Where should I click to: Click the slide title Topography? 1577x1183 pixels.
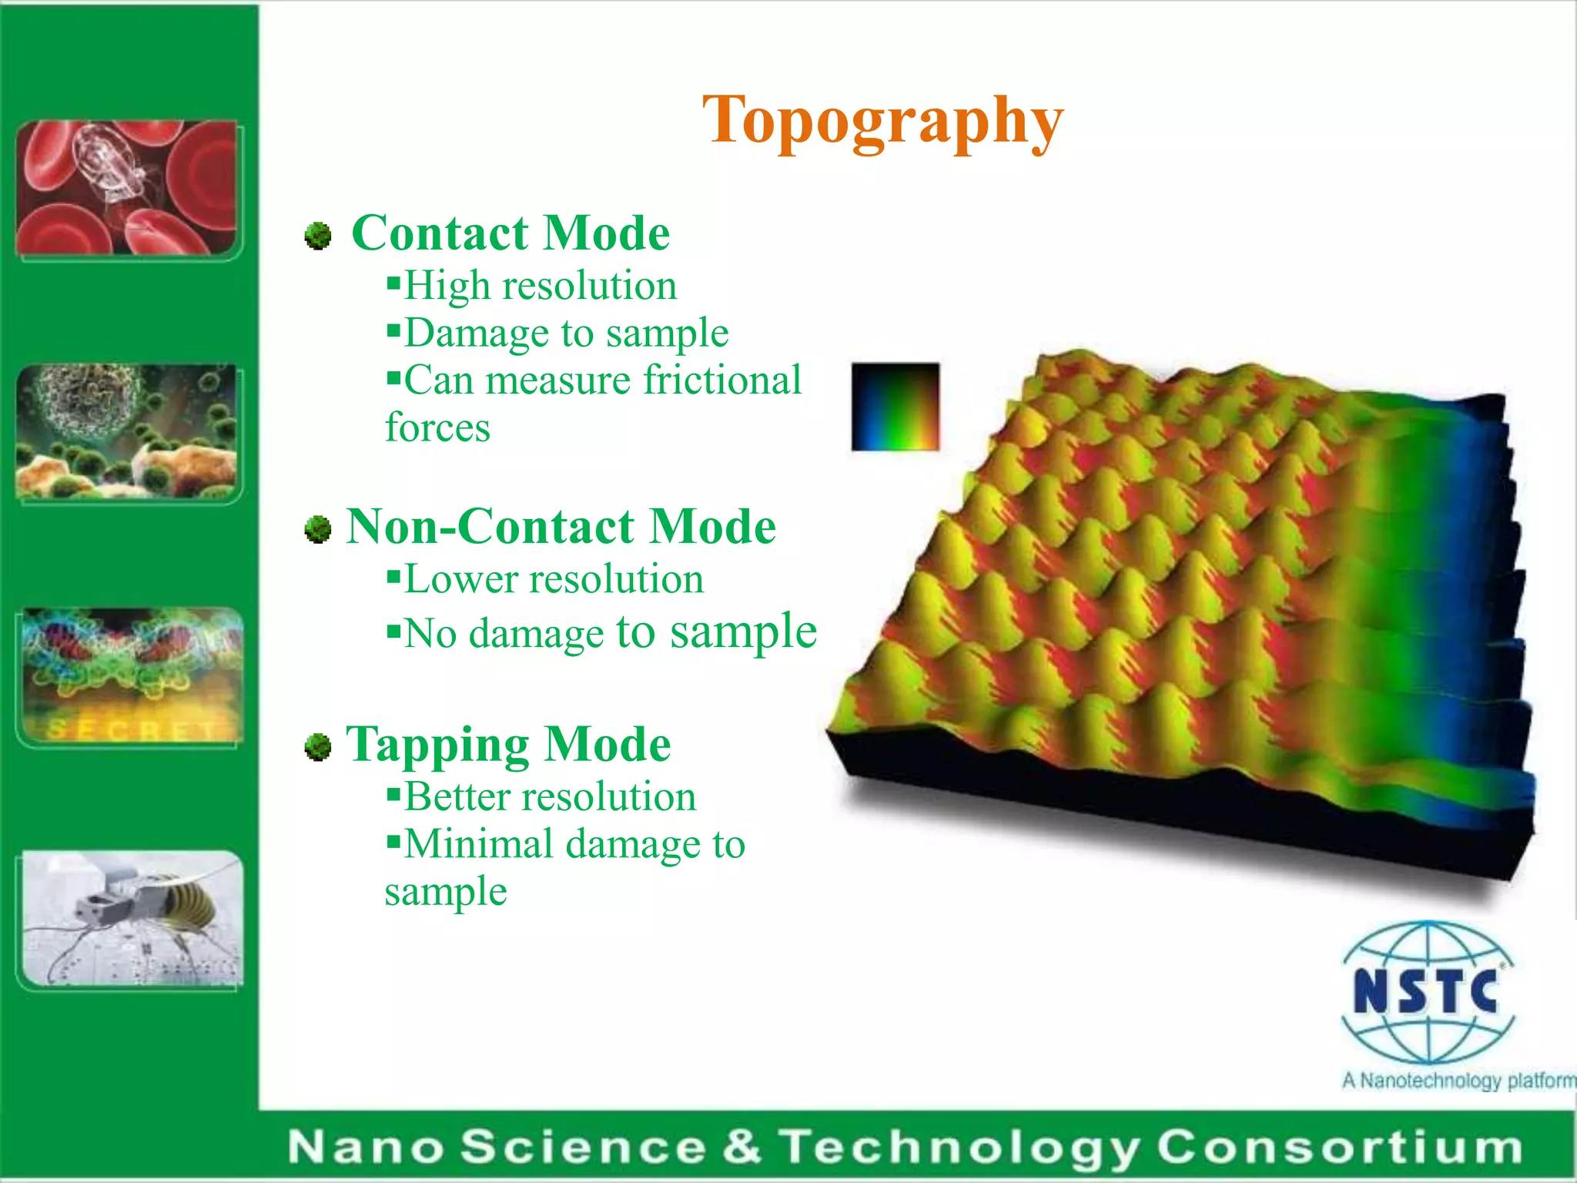[882, 121]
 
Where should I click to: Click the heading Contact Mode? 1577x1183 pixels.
[511, 233]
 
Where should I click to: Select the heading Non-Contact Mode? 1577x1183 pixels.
[561, 527]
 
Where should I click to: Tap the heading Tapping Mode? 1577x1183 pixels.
[508, 745]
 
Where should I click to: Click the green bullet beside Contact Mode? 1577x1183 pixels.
[317, 236]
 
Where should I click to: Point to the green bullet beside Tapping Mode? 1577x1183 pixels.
[317, 746]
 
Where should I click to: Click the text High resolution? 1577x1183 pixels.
[539, 286]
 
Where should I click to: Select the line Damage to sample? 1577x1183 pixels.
[565, 333]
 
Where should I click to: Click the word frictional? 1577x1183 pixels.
[722, 380]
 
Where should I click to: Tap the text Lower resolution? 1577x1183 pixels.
[553, 579]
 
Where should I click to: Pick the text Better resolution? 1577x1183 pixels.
[549, 796]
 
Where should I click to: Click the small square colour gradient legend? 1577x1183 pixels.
[895, 406]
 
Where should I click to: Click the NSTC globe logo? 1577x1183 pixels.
[1427, 992]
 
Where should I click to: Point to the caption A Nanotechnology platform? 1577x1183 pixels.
[1458, 1081]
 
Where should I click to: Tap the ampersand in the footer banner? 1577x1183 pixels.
[741, 1146]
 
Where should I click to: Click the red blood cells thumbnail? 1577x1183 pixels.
[127, 188]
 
